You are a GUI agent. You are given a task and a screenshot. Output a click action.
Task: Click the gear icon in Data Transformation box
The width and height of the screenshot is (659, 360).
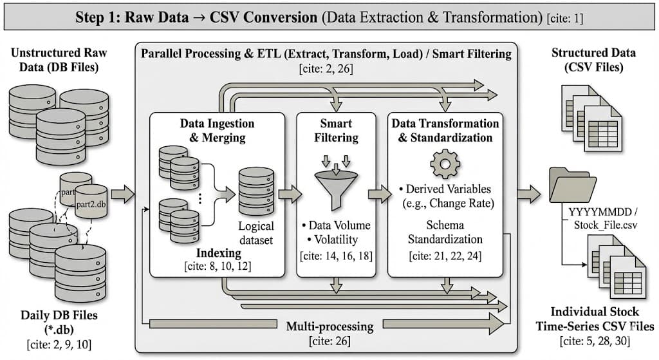pyautogui.click(x=445, y=163)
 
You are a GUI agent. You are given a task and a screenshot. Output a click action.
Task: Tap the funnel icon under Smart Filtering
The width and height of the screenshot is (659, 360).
pyautogui.click(x=335, y=187)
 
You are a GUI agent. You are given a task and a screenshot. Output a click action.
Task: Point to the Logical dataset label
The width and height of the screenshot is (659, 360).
pyautogui.click(x=256, y=233)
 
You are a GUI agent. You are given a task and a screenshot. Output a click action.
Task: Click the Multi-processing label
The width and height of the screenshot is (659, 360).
pyautogui.click(x=329, y=326)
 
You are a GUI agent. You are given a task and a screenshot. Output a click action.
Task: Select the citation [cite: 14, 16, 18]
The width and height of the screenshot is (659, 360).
pyautogui.click(x=335, y=256)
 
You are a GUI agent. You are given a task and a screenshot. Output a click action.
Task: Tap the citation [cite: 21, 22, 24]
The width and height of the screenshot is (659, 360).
pyautogui.click(x=444, y=256)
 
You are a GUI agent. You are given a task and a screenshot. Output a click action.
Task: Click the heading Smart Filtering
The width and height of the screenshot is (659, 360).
pyautogui.click(x=335, y=130)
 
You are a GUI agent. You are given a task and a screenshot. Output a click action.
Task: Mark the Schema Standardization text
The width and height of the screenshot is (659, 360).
pyautogui.click(x=445, y=232)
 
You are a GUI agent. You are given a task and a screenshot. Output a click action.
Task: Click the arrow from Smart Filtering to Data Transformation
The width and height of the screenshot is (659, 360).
pyautogui.click(x=380, y=193)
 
